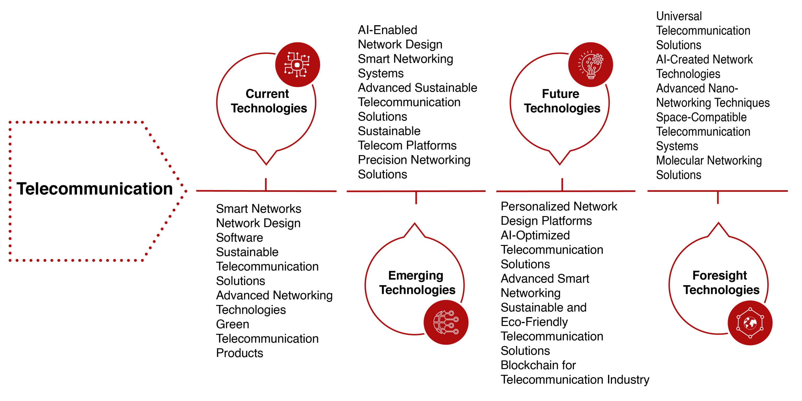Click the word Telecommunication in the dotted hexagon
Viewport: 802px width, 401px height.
click(95, 189)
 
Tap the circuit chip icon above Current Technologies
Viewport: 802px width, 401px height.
click(297, 64)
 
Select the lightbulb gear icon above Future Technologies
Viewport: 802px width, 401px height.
click(590, 64)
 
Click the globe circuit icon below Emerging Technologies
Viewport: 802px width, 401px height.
click(446, 322)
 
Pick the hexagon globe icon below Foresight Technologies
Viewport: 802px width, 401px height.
click(750, 323)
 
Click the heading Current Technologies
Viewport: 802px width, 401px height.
click(269, 101)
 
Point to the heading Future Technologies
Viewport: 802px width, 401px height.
click(562, 101)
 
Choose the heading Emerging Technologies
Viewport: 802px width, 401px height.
click(417, 283)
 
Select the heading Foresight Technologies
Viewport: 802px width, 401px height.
click(721, 283)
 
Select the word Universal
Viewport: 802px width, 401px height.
click(679, 16)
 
